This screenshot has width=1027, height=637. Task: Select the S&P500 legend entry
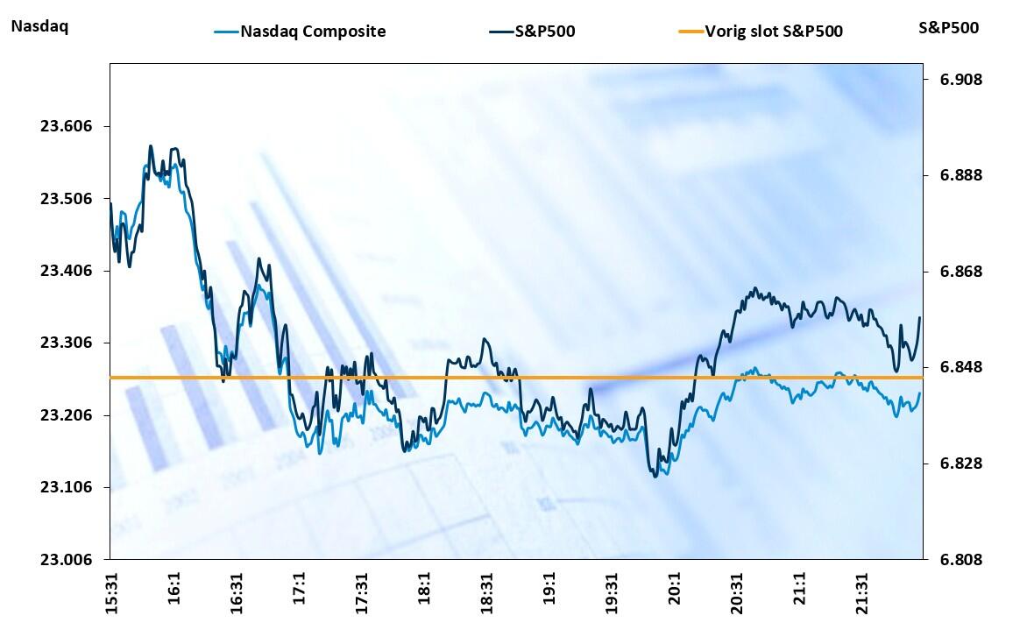[544, 32]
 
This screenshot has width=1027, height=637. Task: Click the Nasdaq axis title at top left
[39, 26]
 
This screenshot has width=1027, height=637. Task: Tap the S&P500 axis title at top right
[949, 27]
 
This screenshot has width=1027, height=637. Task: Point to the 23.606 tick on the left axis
[66, 126]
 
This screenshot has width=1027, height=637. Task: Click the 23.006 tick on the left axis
[66, 560]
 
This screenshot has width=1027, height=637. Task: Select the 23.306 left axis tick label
[66, 343]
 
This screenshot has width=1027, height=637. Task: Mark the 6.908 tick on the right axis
[961, 80]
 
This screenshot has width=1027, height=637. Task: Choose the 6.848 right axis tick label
[961, 367]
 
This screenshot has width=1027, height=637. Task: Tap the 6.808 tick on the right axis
[961, 560]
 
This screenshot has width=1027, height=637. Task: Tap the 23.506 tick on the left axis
[66, 199]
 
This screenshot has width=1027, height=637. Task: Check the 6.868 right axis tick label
[961, 272]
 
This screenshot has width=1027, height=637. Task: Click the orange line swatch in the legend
[691, 32]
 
